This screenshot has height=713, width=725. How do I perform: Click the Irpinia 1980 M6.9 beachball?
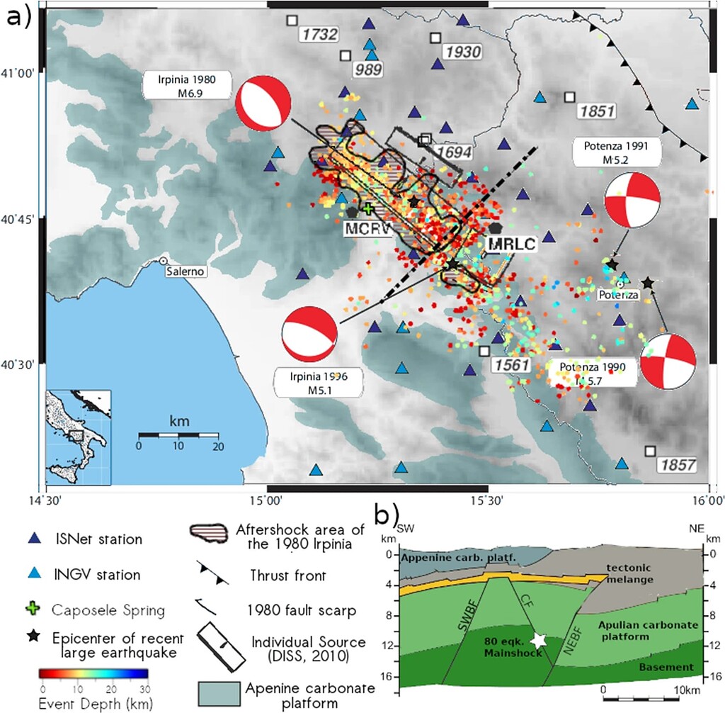pos(263,105)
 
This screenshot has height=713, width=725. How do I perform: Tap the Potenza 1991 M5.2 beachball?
pos(632,201)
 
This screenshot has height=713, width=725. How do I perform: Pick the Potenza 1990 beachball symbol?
pos(668,362)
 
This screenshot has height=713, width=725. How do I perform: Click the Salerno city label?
pos(184,271)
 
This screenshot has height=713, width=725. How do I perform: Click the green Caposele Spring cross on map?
pos(368,208)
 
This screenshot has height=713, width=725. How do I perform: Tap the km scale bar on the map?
pos(178,433)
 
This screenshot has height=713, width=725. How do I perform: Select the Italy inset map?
pos(78,437)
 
